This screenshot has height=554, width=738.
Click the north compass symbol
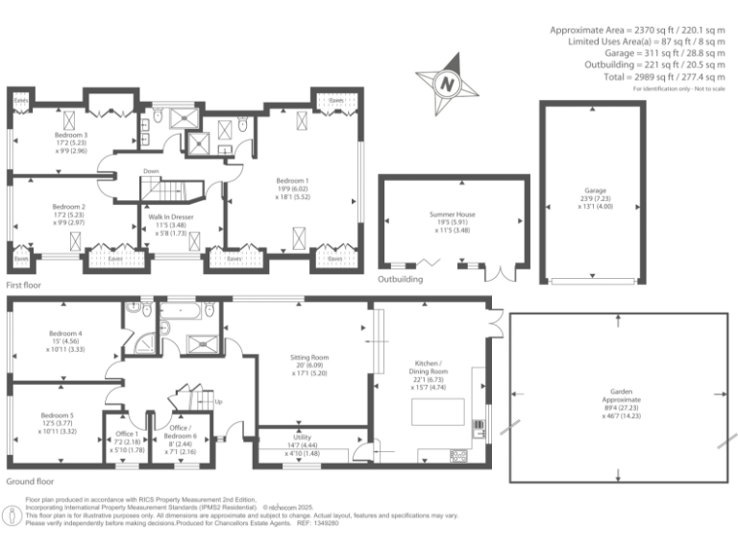[446, 84]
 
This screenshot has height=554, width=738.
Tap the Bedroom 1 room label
[293, 181]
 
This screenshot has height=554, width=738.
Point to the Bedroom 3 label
[71, 137]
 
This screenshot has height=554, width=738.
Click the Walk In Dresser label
[168, 216]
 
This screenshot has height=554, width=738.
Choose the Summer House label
[453, 216]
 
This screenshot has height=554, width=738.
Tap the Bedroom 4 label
[66, 334]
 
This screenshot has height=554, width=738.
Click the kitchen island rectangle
[437, 413]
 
